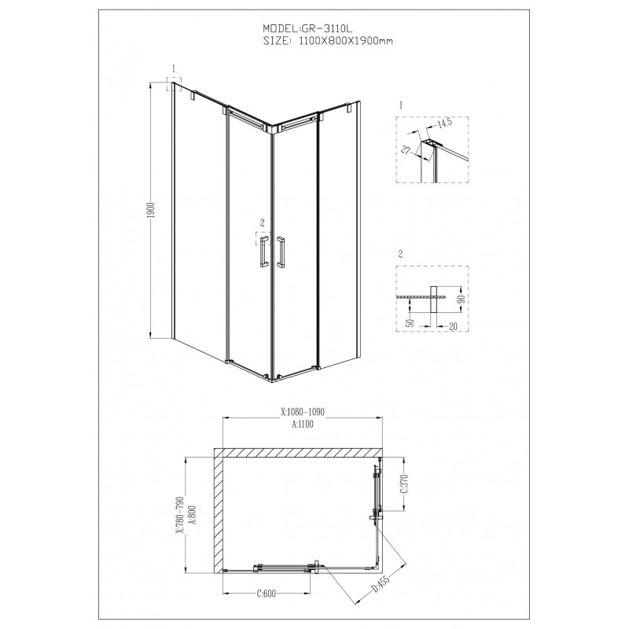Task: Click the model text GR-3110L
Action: point(326,28)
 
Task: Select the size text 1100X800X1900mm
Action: point(346,41)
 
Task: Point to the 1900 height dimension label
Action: point(151,211)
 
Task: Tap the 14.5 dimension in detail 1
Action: point(444,123)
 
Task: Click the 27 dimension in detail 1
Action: point(406,150)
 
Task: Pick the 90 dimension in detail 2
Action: point(462,299)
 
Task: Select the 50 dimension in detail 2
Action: point(410,322)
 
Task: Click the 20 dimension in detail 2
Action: point(453,326)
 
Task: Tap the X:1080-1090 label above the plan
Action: point(303,411)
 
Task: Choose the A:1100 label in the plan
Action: point(303,424)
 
